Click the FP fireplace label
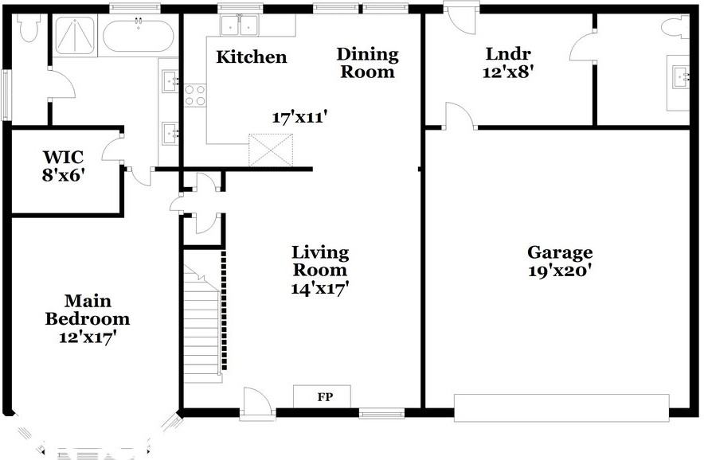point(325,397)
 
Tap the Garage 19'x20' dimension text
point(558,271)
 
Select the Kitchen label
point(252,57)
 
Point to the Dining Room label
point(368,63)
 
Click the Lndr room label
point(508,54)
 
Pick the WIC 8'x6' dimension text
point(64,175)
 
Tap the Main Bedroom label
point(88,310)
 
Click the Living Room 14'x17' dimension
point(320,288)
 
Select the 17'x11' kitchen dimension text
point(299,118)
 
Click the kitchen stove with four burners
point(195,96)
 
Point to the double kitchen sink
point(239,25)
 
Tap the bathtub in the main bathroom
point(139,36)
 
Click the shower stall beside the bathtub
point(74,36)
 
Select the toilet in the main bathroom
point(29,29)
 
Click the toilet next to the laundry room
point(675,27)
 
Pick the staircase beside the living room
point(203,323)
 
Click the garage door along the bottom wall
point(561,408)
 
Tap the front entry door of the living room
point(257,404)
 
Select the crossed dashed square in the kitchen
point(271,150)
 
